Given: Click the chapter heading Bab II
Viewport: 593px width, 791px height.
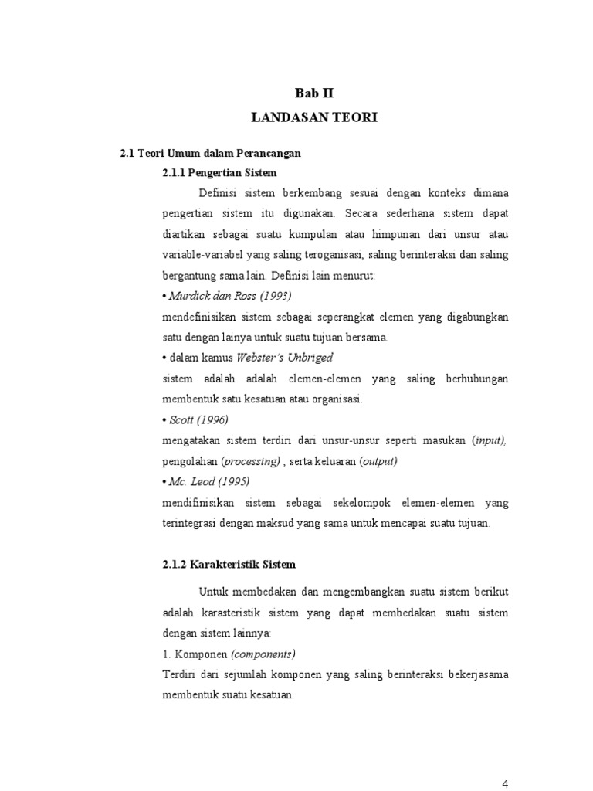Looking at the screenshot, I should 317,93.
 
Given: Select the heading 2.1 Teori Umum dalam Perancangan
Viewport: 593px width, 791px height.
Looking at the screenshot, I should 210,154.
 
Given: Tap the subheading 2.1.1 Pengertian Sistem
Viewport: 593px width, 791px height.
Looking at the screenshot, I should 219,172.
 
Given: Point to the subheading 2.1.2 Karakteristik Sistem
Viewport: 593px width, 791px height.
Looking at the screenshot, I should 229,565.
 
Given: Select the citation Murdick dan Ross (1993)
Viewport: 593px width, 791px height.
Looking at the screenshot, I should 230,297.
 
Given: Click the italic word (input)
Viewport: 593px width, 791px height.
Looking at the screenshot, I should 489,440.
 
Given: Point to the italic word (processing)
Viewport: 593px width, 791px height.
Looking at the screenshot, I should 250,461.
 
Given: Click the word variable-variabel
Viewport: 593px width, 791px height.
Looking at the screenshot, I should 202,255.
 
